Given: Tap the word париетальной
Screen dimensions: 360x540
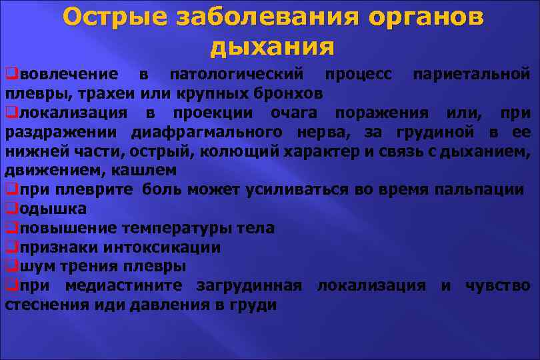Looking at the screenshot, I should coord(473,73).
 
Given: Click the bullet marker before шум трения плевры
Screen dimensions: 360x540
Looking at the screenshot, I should coord(11,267).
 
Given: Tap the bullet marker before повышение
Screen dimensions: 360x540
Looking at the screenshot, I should coord(11,228).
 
